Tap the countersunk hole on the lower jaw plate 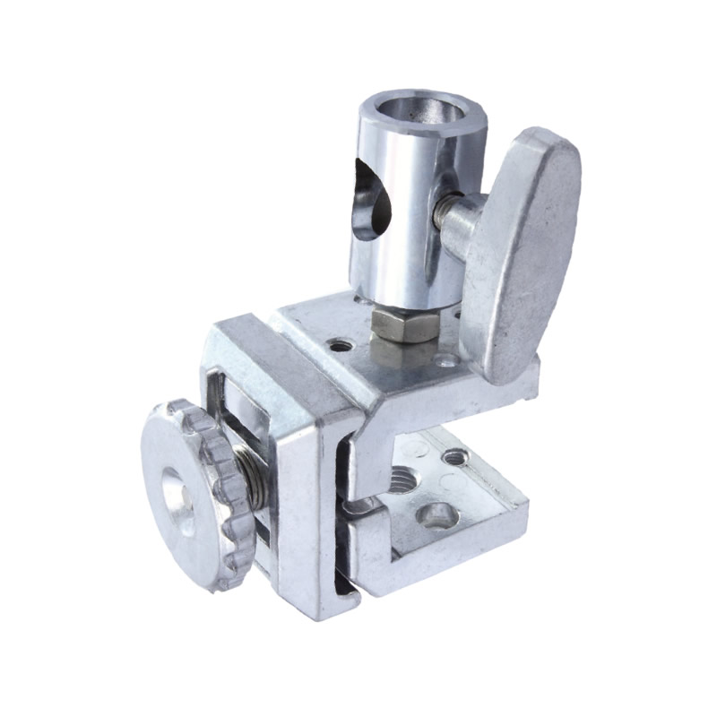(x=437, y=514)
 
